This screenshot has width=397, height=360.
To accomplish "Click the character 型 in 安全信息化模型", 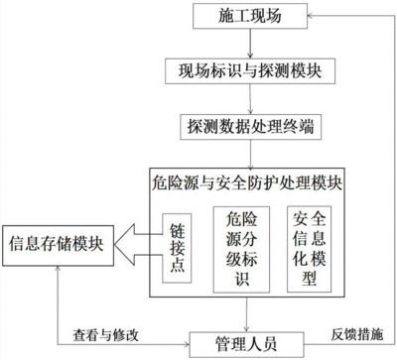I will pos(305,278).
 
